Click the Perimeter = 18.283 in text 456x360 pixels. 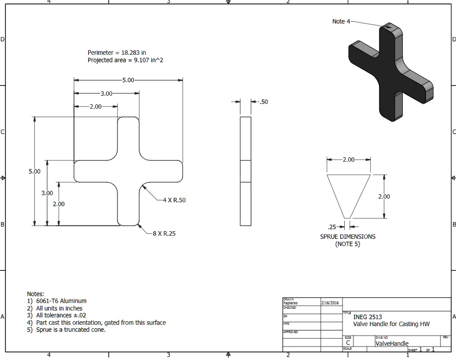coord(117,53)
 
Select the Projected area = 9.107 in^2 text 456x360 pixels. coord(125,60)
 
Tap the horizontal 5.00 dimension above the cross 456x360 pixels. coord(128,80)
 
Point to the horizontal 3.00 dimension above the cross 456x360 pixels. coord(106,94)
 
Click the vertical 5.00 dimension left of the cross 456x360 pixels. coord(34,171)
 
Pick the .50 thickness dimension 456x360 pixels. coord(264,102)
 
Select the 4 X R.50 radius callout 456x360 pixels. coord(174,200)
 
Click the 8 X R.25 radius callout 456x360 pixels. coord(164,233)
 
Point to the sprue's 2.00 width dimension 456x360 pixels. coord(348,160)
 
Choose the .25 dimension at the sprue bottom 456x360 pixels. coord(332,227)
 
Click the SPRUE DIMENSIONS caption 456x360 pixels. coord(347,237)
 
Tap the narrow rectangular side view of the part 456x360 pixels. coord(245,171)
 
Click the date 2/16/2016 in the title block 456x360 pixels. coord(330,303)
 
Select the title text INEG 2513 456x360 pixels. coord(367,317)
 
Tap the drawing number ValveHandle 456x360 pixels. coord(392,344)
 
